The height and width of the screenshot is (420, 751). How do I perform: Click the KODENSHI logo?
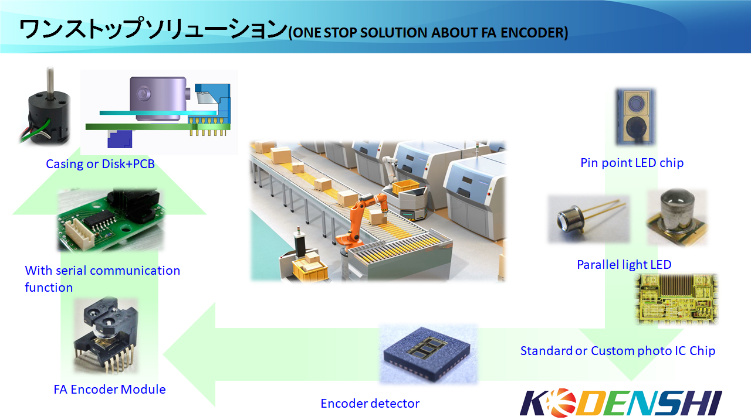[x=621, y=403]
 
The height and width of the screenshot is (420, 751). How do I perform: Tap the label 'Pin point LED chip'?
[x=632, y=163]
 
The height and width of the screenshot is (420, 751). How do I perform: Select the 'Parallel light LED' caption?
[x=624, y=264]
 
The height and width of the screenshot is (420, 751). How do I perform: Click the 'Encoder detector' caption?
[x=370, y=403]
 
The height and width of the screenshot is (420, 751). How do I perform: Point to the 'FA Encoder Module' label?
[x=110, y=389]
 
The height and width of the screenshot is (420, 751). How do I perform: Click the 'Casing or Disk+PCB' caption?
[x=100, y=163]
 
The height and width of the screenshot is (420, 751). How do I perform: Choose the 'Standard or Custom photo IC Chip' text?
[x=618, y=350]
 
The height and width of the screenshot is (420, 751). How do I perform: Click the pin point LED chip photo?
[x=635, y=117]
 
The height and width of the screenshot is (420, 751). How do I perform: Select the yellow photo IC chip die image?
[x=676, y=299]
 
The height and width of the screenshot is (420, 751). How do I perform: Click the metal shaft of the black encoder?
[x=50, y=80]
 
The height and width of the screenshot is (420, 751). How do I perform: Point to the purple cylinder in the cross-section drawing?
[x=158, y=99]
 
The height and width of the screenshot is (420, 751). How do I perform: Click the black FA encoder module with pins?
[x=106, y=334]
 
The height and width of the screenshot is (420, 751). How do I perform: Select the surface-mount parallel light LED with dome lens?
[x=677, y=217]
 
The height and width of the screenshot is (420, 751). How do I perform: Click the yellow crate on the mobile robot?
[x=405, y=187]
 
